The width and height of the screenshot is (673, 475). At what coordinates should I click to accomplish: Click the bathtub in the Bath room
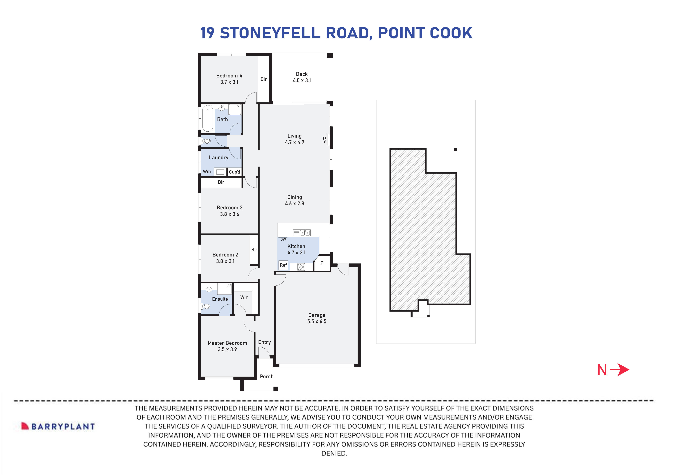pos(208,118)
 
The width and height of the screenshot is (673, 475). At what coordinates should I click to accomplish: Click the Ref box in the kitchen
pos(283,265)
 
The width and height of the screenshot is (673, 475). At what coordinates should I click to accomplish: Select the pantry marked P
pos(322,263)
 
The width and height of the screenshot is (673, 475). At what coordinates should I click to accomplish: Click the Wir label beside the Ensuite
pos(244,297)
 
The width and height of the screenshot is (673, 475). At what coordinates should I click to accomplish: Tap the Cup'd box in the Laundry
pos(234,172)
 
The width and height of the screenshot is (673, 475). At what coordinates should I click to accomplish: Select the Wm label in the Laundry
pos(207,172)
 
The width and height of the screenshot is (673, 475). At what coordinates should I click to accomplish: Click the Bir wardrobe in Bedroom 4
pos(263,79)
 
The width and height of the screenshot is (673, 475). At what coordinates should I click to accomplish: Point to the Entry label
pos(264,342)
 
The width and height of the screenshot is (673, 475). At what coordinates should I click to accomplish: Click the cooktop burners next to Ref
pos(301,267)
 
